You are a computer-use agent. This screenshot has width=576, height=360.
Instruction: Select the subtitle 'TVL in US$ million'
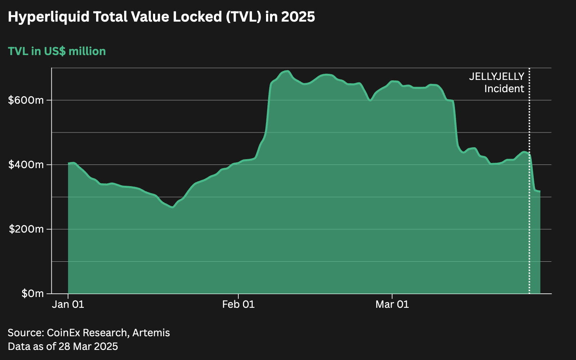57,51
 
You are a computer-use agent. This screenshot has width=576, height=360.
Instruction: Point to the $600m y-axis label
26,100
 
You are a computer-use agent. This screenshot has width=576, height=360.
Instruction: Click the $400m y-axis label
26,165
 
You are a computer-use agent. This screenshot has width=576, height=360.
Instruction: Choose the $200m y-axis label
26,229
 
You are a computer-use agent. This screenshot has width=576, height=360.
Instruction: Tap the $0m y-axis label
32,293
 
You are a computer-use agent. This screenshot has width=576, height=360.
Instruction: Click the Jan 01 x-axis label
68,305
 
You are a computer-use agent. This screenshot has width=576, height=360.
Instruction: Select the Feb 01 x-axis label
238,305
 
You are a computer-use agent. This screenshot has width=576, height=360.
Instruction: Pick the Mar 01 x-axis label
392,305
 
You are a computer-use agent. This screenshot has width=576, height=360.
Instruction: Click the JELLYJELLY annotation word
496,77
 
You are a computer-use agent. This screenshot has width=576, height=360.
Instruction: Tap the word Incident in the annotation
504,89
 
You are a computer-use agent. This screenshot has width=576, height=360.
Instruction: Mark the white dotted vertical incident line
529,216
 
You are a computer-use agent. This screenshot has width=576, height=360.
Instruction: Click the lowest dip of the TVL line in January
172,207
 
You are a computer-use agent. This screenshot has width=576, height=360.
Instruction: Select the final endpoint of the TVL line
540,191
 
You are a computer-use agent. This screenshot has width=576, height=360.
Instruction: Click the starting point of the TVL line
68,163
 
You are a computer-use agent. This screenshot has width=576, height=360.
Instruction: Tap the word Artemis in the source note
151,333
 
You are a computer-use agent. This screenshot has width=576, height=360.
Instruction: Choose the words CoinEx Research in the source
87,333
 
